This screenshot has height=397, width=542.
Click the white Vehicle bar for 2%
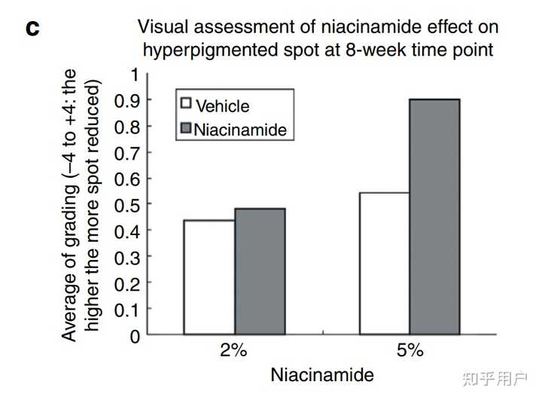tap(209, 276)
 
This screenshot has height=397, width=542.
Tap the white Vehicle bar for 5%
tap(384, 263)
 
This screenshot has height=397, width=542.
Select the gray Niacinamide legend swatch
tap(185, 129)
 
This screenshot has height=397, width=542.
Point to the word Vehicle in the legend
tap(222, 107)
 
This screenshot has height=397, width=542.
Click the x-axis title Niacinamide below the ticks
tap(322, 374)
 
